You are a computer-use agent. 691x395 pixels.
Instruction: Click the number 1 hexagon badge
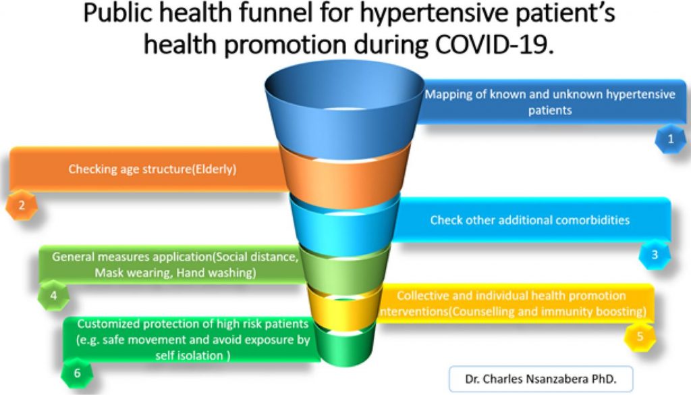[x=670, y=140]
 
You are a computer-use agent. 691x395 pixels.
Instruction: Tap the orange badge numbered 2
[x=22, y=205]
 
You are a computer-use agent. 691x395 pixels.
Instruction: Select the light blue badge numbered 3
[x=655, y=255]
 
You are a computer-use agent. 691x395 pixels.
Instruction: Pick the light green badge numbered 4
[x=53, y=295]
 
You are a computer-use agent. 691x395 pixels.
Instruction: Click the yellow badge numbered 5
[x=640, y=337]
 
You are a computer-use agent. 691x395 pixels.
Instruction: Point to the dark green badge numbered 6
[x=77, y=373]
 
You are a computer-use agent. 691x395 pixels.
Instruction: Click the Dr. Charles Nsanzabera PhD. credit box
[x=541, y=379]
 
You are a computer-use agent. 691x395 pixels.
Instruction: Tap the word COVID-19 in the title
[x=493, y=44]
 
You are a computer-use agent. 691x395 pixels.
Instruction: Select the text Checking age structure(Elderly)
[x=152, y=169]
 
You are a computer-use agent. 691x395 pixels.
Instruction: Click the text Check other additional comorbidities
[x=530, y=220]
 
